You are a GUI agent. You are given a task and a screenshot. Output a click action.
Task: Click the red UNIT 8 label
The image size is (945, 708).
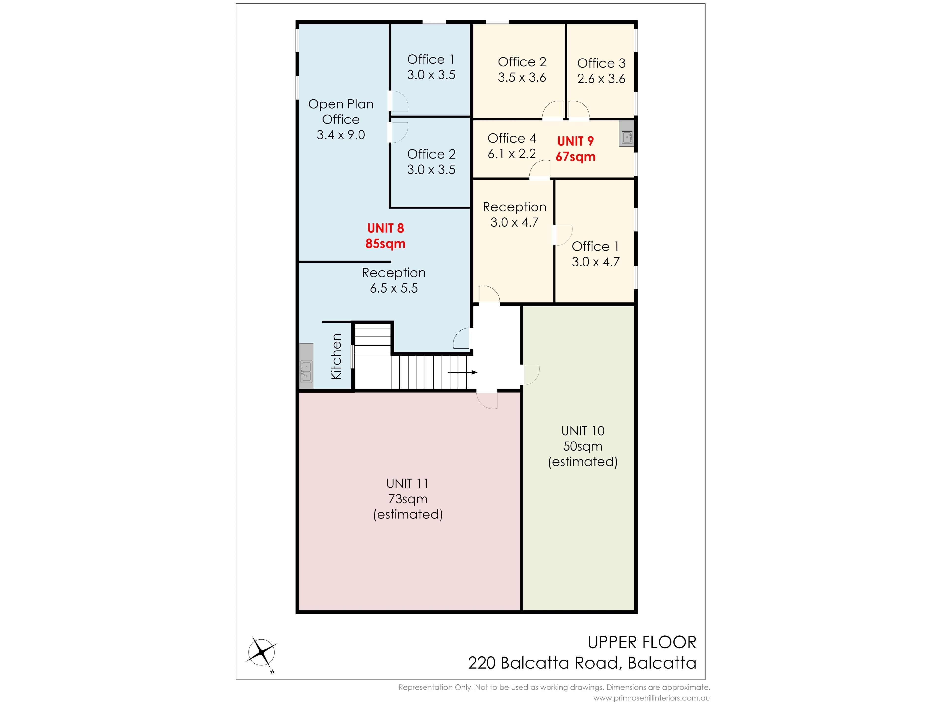point(385,228)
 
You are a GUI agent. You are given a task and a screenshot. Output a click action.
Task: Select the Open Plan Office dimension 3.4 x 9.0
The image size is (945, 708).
point(341,135)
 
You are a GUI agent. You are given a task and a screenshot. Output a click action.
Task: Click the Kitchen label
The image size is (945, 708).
point(337,356)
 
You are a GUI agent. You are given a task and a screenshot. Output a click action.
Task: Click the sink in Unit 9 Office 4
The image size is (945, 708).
point(627,137)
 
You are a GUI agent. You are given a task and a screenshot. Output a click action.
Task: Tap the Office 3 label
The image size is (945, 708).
point(601,63)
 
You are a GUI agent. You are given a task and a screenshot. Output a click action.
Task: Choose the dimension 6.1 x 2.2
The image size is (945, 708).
point(512,154)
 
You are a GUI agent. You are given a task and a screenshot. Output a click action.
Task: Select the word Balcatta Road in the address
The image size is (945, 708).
point(559,663)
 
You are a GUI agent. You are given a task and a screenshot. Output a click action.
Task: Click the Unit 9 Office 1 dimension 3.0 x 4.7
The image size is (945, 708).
point(596,262)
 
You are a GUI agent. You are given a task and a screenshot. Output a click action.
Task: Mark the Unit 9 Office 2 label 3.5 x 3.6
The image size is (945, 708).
point(522,77)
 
